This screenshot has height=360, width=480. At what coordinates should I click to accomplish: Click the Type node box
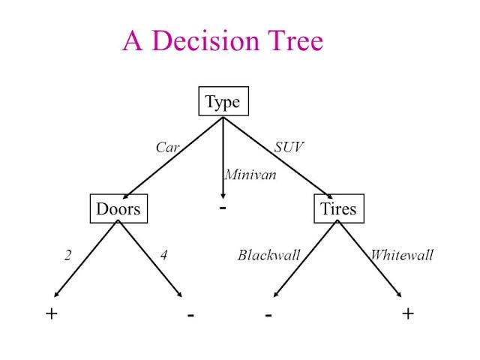(223, 102)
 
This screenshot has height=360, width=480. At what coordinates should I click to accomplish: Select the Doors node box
(118, 209)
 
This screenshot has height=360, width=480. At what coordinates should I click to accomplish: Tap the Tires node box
(337, 209)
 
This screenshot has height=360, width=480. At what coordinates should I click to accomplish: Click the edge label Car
(167, 148)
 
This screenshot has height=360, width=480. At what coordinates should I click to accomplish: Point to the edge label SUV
(289, 148)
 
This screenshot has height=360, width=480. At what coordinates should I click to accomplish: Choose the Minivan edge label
(250, 175)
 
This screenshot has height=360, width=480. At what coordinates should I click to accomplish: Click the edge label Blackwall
(268, 256)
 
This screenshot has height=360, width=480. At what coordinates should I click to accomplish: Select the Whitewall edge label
(402, 256)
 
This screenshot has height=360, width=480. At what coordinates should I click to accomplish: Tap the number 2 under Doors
(67, 256)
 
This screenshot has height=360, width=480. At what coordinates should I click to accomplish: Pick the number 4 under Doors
(163, 256)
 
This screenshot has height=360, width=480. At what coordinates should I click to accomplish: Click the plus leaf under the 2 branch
(51, 313)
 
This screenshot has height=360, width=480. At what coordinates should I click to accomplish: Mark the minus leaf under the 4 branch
(191, 315)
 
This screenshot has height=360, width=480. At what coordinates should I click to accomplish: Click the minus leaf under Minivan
(223, 205)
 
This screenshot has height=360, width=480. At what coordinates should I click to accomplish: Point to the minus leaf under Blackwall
(268, 315)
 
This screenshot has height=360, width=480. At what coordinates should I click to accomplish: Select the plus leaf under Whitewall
(408, 313)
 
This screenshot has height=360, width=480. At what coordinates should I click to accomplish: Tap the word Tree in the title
(293, 40)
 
